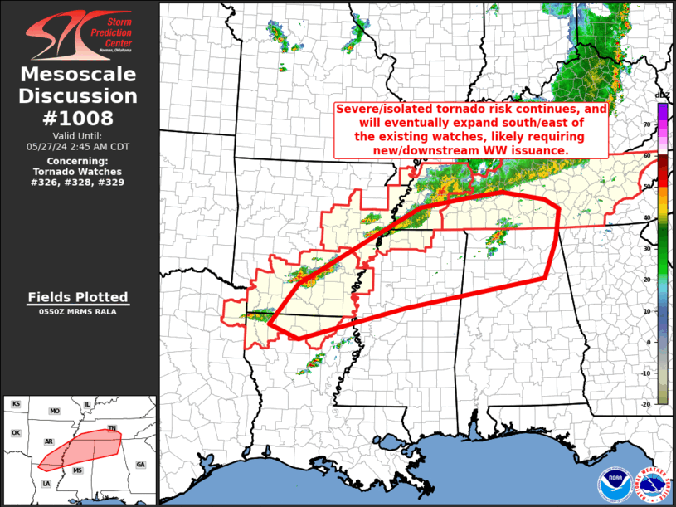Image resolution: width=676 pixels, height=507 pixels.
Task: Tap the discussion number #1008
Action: coord(79,118)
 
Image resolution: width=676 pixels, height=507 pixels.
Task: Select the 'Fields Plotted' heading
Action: coord(78,297)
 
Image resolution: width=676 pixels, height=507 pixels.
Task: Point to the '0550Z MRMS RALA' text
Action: coord(78,312)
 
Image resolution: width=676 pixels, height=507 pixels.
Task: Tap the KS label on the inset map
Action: coord(16,404)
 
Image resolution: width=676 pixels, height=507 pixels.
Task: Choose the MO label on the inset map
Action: coord(55,412)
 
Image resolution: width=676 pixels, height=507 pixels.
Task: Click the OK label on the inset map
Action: coord(15,432)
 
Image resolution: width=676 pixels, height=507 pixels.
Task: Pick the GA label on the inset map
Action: coord(140,464)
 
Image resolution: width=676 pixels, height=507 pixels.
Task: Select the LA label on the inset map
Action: coord(46,484)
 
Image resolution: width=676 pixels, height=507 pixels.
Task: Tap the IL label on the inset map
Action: coord(87,405)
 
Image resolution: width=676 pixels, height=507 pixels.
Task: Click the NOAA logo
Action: coord(613,484)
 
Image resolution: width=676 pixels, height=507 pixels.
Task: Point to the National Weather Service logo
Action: coord(652,484)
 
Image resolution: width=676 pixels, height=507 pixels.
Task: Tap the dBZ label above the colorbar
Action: coord(662,95)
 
